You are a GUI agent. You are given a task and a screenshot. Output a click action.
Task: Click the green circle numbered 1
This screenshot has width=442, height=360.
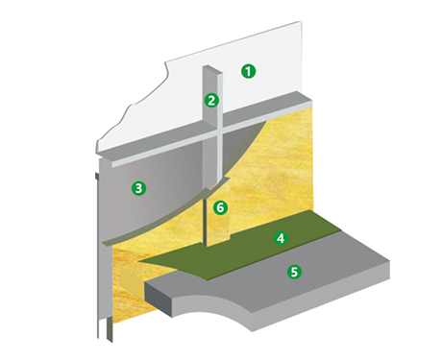(x=249, y=70)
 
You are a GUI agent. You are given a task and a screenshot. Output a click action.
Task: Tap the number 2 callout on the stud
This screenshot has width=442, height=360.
(x=212, y=99)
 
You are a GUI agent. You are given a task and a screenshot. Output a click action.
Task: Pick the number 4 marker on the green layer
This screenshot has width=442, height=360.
(x=280, y=237)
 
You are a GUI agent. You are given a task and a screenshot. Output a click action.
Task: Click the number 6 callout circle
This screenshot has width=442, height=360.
(x=220, y=206)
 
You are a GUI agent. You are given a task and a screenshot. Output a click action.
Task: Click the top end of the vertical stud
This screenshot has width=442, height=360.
(x=212, y=70)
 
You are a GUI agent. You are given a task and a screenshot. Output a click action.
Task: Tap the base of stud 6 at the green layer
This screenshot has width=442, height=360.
(x=208, y=247)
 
